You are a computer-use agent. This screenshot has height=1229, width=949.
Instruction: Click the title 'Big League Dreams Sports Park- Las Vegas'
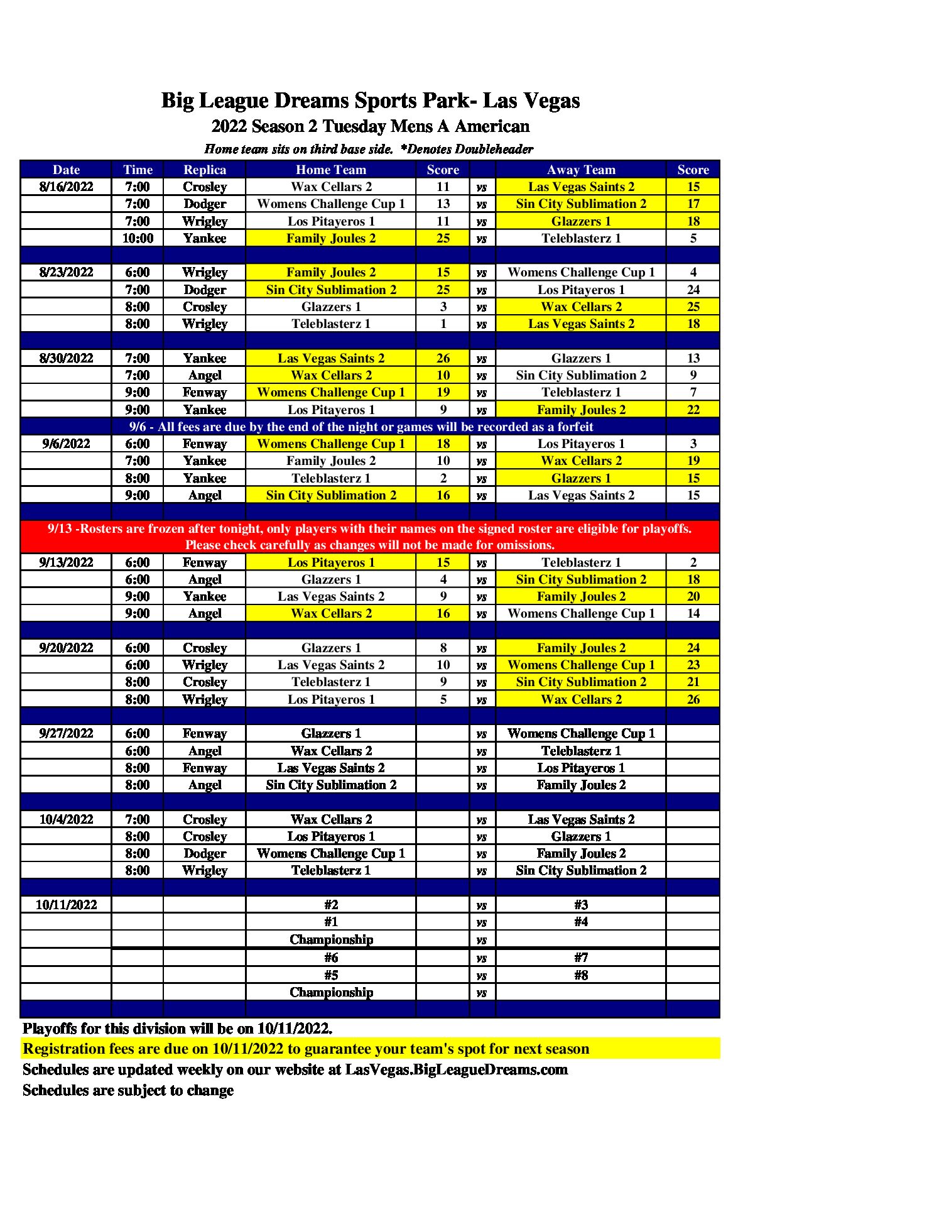tap(371, 101)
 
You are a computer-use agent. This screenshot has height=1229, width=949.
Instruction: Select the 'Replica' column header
tap(205, 170)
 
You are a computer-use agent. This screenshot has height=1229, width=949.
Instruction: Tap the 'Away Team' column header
tap(581, 170)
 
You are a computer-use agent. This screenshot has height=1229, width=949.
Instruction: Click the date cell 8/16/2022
tap(66, 187)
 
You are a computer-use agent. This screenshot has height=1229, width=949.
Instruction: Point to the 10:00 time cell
tap(138, 238)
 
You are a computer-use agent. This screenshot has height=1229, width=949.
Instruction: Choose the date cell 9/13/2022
tap(66, 562)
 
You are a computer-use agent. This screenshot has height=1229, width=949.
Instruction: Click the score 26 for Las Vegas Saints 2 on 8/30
tap(443, 358)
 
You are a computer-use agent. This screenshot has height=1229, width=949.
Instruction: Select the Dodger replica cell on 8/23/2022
tap(205, 290)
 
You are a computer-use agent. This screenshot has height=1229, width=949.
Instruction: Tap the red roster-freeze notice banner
tap(370, 537)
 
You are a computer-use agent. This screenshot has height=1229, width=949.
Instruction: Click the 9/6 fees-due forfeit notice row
tap(361, 427)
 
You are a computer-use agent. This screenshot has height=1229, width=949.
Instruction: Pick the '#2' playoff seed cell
tap(331, 905)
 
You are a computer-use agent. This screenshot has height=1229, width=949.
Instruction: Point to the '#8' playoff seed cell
tap(581, 975)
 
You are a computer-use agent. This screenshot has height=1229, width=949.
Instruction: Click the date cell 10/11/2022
tap(66, 905)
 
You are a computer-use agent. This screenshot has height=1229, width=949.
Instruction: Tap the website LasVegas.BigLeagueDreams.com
tap(457, 1069)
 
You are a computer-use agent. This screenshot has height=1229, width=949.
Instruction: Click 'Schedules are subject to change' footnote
tap(128, 1090)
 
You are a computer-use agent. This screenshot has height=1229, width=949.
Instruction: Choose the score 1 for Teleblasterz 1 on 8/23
tap(443, 324)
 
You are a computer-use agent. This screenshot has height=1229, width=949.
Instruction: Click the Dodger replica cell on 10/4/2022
tap(205, 853)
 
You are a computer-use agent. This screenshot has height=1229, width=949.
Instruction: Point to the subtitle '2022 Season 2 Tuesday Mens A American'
tap(371, 126)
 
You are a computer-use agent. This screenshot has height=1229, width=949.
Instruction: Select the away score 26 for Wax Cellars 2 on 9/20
tap(693, 699)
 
